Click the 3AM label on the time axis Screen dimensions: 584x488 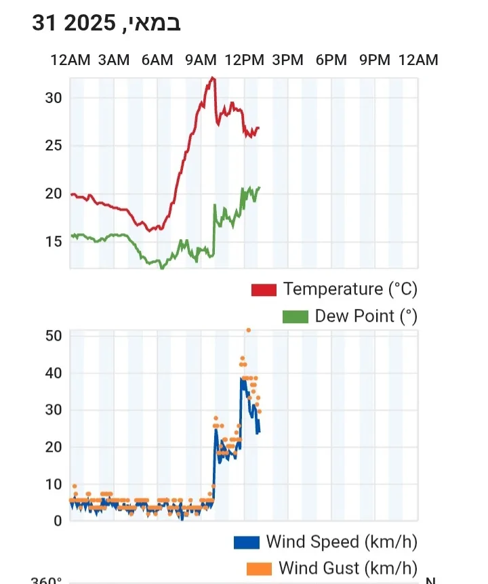pos(113,60)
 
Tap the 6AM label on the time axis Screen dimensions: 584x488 pos(157,60)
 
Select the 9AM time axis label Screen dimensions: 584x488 pos(201,60)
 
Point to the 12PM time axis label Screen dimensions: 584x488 pos(244,60)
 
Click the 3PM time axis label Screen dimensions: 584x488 pos(287,60)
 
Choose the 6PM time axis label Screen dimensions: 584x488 pos(331,60)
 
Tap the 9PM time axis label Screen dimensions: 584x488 pos(375,60)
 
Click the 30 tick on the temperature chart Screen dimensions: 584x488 pos(54,98)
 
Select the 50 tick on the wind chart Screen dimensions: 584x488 pos(54,336)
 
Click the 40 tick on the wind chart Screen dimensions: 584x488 pos(54,373)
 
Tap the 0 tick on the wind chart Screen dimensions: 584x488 pos(58,520)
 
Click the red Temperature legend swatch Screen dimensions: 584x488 pos(264,290)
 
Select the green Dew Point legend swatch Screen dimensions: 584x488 pos(296,316)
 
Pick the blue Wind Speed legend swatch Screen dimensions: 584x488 pos(247,542)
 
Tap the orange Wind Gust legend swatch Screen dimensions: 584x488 pos(260,568)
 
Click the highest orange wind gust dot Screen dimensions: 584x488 pos(249,330)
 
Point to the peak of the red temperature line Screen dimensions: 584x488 pos(213,78)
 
